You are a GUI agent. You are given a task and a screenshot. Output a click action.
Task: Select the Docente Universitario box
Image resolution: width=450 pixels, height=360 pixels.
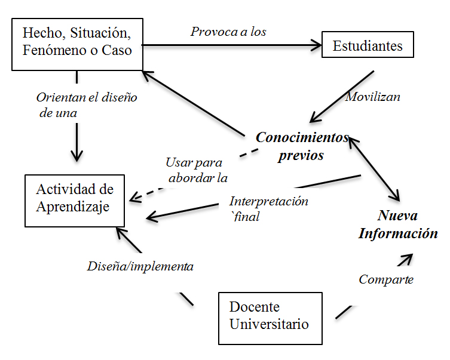[270, 318]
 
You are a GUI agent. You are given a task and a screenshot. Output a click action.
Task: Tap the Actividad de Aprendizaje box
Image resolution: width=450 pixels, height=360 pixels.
[75, 200]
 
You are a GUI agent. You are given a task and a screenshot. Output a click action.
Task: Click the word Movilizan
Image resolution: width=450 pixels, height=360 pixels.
[372, 96]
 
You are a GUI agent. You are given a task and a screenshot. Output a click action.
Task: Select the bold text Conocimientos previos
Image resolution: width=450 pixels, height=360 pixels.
[301, 146]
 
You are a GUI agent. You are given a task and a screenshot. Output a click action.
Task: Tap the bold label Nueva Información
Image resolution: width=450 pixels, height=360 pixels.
[398, 224]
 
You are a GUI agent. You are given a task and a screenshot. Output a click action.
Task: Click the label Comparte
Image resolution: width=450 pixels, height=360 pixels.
[385, 279]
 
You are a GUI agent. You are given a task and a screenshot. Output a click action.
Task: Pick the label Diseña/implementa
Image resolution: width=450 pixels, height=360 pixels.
[140, 266]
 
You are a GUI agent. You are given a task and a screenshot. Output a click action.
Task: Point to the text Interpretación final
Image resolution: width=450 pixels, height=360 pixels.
[269, 208]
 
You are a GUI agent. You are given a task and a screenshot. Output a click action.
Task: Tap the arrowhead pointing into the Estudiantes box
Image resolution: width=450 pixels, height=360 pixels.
[315, 44]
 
